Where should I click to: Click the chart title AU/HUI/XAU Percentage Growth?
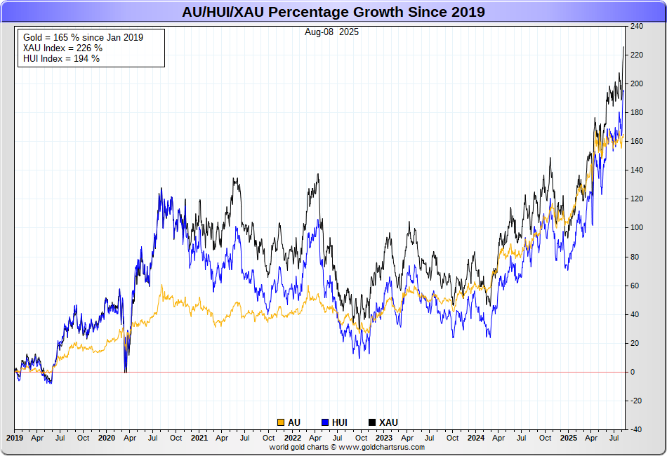point(333,12)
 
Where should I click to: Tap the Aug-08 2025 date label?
point(331,32)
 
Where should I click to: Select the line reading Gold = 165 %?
point(83,37)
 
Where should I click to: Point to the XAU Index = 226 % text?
point(62,48)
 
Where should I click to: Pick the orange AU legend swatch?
point(281,422)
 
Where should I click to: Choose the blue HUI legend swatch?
point(325,422)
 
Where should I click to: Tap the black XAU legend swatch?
point(372,422)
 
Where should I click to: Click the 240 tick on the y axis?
point(637,27)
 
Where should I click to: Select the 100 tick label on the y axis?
point(637,228)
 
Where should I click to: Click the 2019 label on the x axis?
point(15,438)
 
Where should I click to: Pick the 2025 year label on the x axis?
point(569,438)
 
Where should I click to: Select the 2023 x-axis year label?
point(384,438)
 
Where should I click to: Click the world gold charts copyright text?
point(347,447)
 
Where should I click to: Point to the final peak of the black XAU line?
point(623,47)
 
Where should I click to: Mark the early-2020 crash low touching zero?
point(126,370)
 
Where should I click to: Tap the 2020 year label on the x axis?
point(107,438)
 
